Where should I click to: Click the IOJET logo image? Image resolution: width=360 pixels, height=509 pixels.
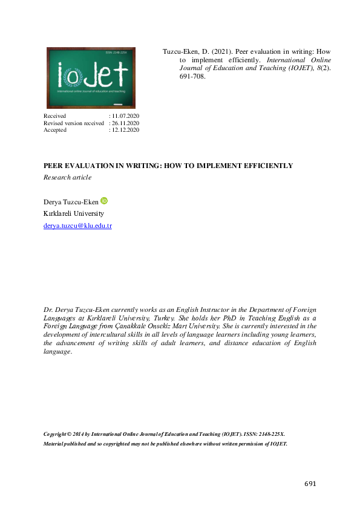click(x=91, y=77)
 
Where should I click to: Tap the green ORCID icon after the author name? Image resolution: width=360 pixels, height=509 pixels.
click(x=103, y=201)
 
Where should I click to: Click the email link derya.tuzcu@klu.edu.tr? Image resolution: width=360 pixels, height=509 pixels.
click(x=78, y=226)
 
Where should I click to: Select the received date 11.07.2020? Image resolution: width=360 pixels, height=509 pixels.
click(x=125, y=115)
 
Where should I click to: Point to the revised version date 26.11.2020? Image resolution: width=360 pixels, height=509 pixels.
click(x=125, y=123)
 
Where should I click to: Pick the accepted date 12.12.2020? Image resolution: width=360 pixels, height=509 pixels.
click(x=125, y=130)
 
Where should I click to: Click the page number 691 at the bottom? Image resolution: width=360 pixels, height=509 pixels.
click(x=310, y=484)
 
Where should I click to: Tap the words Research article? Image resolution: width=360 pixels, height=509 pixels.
click(x=67, y=177)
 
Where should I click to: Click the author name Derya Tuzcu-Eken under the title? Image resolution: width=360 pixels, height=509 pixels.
click(x=70, y=201)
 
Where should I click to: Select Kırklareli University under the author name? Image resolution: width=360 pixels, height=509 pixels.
click(x=74, y=213)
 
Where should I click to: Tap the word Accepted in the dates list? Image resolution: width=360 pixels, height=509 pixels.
click(x=55, y=130)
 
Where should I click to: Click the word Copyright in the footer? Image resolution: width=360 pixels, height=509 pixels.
click(x=57, y=435)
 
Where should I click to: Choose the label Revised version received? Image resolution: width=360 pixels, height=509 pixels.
click(x=74, y=123)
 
